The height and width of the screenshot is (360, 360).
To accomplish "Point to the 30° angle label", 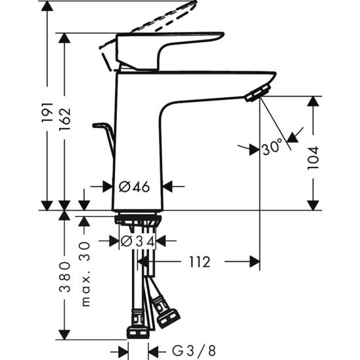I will [272, 148].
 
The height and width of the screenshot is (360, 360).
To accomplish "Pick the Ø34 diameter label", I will [138, 242].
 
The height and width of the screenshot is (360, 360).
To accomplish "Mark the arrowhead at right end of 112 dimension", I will [254, 263].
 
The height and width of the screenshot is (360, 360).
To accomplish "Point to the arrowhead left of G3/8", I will [123, 349].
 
